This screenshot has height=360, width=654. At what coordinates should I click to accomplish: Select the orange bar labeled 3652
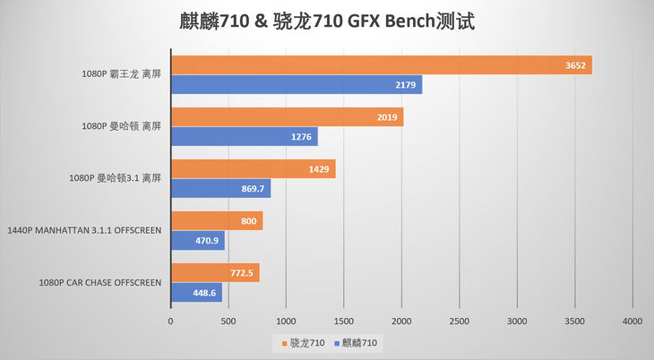pos(381,65)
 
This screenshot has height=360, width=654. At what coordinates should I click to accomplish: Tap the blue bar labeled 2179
pos(296,84)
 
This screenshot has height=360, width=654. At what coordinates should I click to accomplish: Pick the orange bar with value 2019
pos(287,117)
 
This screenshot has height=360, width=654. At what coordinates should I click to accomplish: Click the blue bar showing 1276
pos(244,137)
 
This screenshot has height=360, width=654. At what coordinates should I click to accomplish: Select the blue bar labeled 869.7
pos(220,189)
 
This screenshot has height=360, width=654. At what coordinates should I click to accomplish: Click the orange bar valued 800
pos(216,221)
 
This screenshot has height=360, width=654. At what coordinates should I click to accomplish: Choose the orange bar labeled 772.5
pos(215,273)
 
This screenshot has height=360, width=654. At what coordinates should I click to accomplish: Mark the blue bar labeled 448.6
pos(195,293)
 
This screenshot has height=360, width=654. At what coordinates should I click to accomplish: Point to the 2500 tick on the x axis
pos(460,320)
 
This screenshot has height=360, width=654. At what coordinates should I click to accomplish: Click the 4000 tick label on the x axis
pos(632,320)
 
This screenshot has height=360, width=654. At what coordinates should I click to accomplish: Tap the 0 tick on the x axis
pos(171,320)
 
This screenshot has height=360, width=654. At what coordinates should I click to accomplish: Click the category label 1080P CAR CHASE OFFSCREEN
pos(99,283)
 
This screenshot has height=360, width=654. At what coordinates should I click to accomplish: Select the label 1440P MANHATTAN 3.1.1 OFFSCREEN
pos(84,231)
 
